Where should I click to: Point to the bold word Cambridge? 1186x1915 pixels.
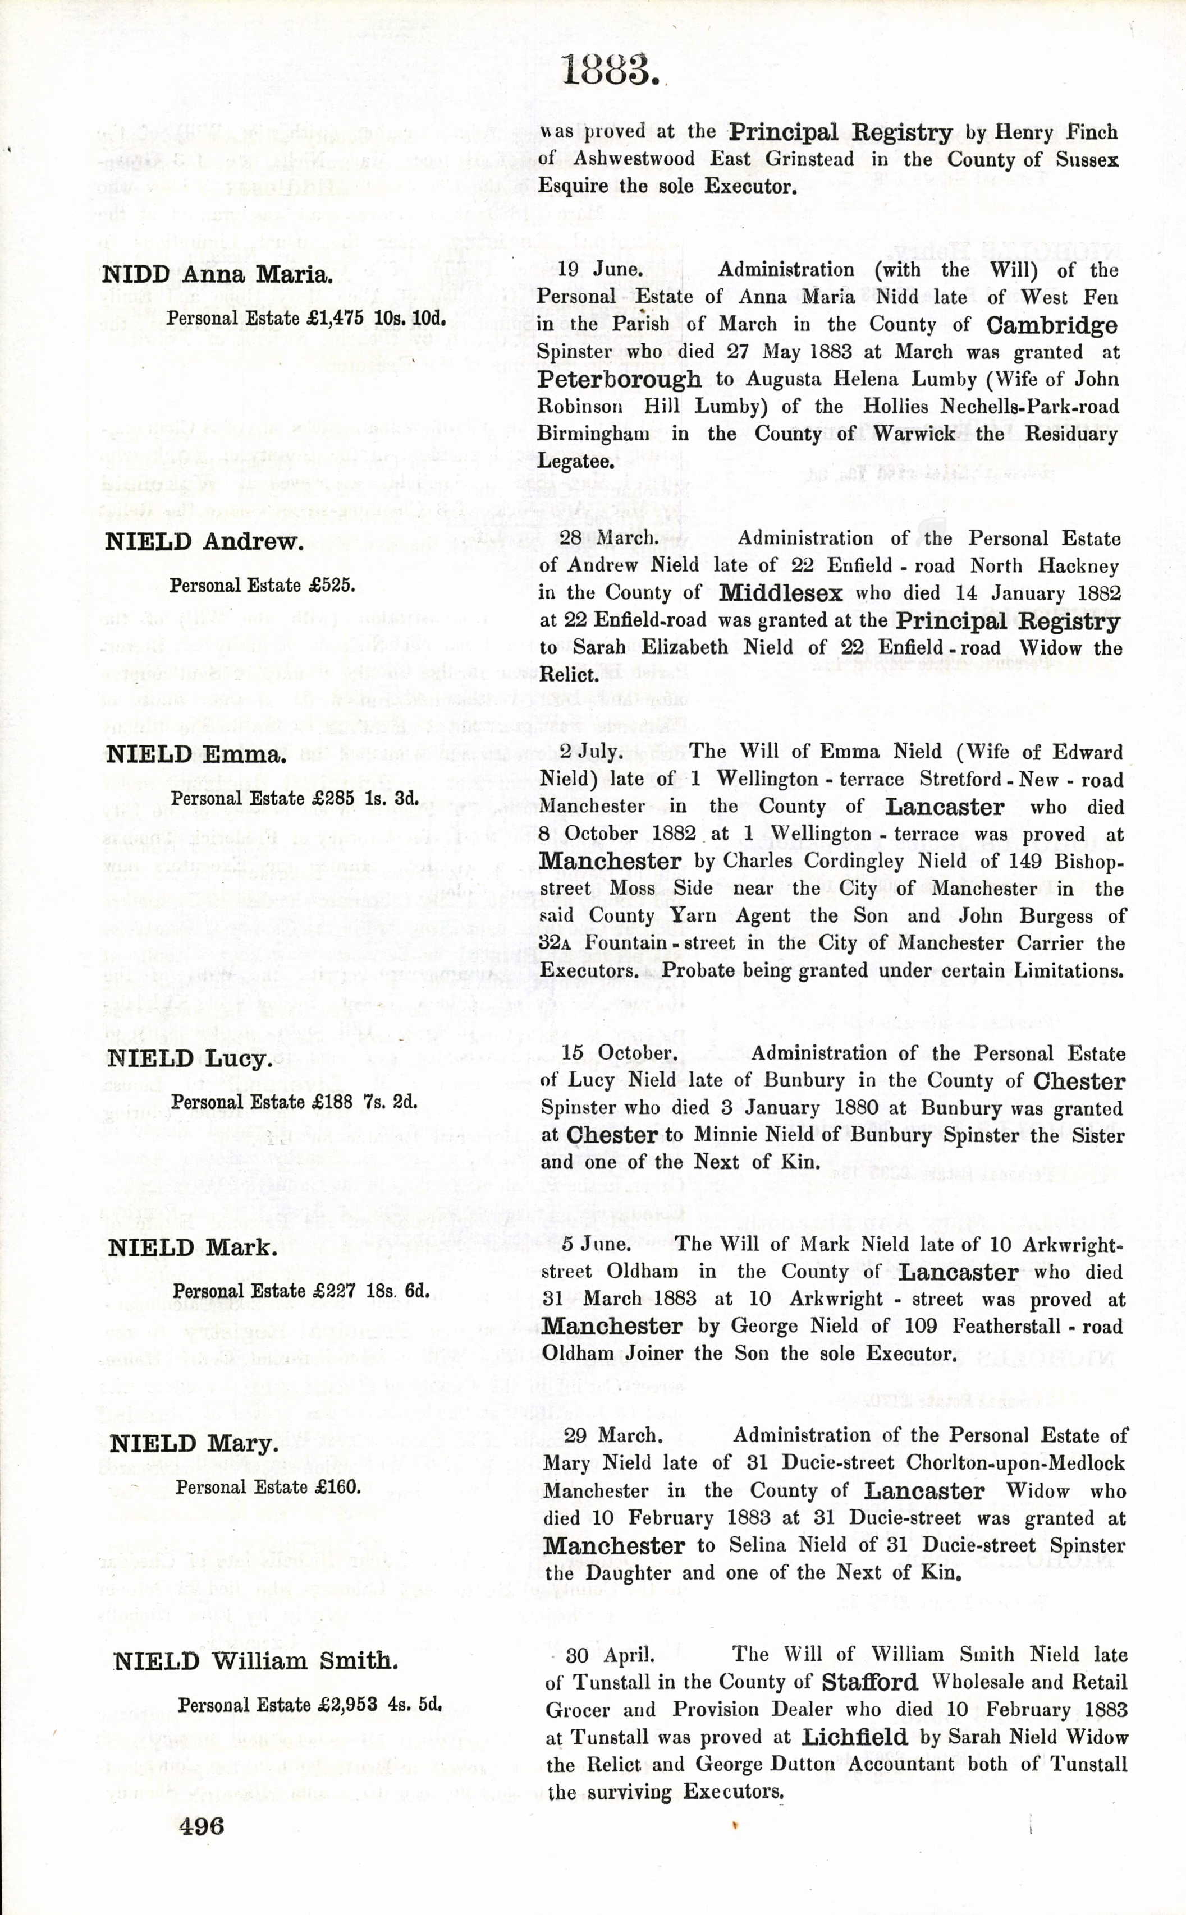(x=1052, y=325)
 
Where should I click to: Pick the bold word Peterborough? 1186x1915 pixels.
(x=620, y=379)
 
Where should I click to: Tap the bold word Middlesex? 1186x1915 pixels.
(x=780, y=593)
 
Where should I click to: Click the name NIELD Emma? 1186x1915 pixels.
(x=195, y=755)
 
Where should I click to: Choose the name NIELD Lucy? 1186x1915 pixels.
(x=189, y=1059)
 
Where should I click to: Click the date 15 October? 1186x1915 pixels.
(x=618, y=1053)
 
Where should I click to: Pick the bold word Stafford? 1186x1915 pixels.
(x=870, y=1682)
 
